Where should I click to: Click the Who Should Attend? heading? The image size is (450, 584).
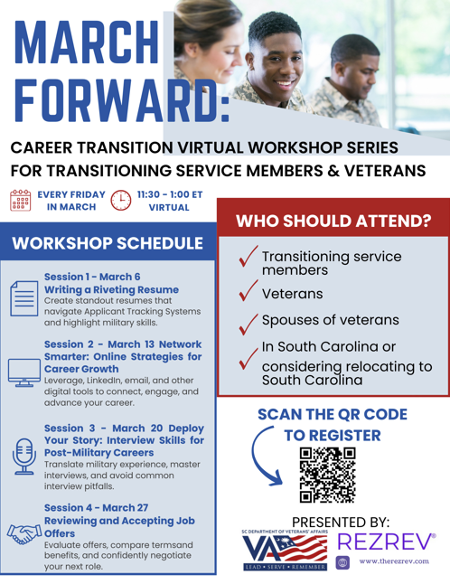pyautogui.click(x=333, y=220)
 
